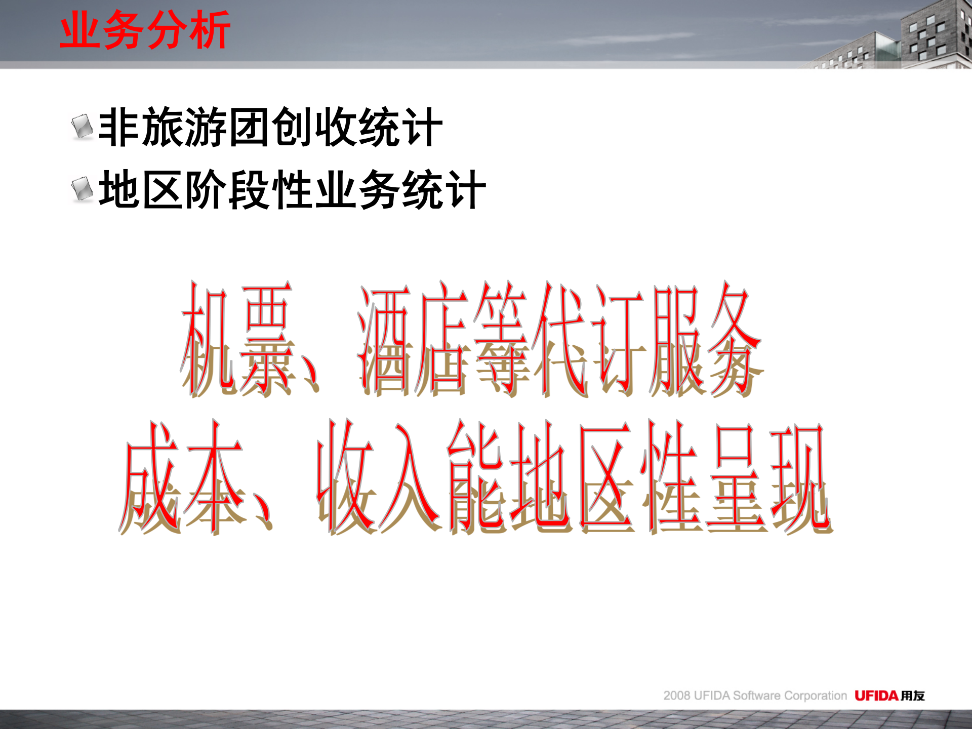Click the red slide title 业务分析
click(x=145, y=30)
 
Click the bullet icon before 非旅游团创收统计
click(x=82, y=127)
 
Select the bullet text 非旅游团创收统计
click(x=270, y=128)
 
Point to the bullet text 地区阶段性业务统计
click(x=292, y=190)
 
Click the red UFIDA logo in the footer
click(x=876, y=696)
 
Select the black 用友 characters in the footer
click(x=913, y=696)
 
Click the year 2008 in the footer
click(x=677, y=696)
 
